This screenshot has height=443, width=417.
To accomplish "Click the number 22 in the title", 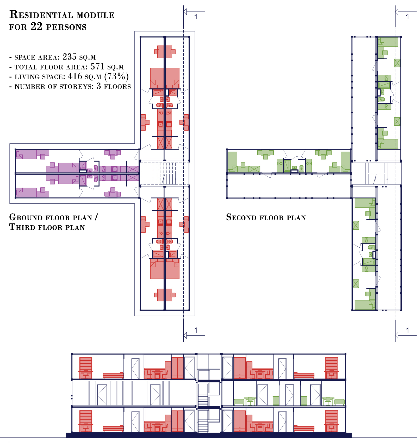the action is [x=36, y=27].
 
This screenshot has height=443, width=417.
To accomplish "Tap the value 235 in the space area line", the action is [x=70, y=57].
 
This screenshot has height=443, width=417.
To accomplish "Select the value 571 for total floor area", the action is [x=97, y=67].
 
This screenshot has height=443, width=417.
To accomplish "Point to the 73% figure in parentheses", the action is [x=116, y=76].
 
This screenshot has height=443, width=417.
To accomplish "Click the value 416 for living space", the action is [x=75, y=76].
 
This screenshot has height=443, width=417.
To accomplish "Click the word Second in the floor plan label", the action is [x=241, y=217].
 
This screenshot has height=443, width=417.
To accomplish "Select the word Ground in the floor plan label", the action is [x=26, y=217].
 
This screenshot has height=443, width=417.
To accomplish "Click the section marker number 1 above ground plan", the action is [x=196, y=17].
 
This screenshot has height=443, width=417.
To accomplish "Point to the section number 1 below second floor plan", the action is [x=408, y=330].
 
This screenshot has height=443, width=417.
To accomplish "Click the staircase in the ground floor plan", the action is [x=165, y=173].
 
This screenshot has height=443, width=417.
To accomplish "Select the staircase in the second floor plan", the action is [x=376, y=173].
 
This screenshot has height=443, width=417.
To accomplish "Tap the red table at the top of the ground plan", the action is [x=165, y=52].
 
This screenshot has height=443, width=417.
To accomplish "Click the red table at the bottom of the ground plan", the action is [x=165, y=295].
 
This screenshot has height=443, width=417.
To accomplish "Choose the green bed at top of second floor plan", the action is [x=388, y=42].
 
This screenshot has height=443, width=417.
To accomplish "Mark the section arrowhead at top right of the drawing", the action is [x=397, y=12].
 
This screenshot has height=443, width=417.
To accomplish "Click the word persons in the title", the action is [x=66, y=27].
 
